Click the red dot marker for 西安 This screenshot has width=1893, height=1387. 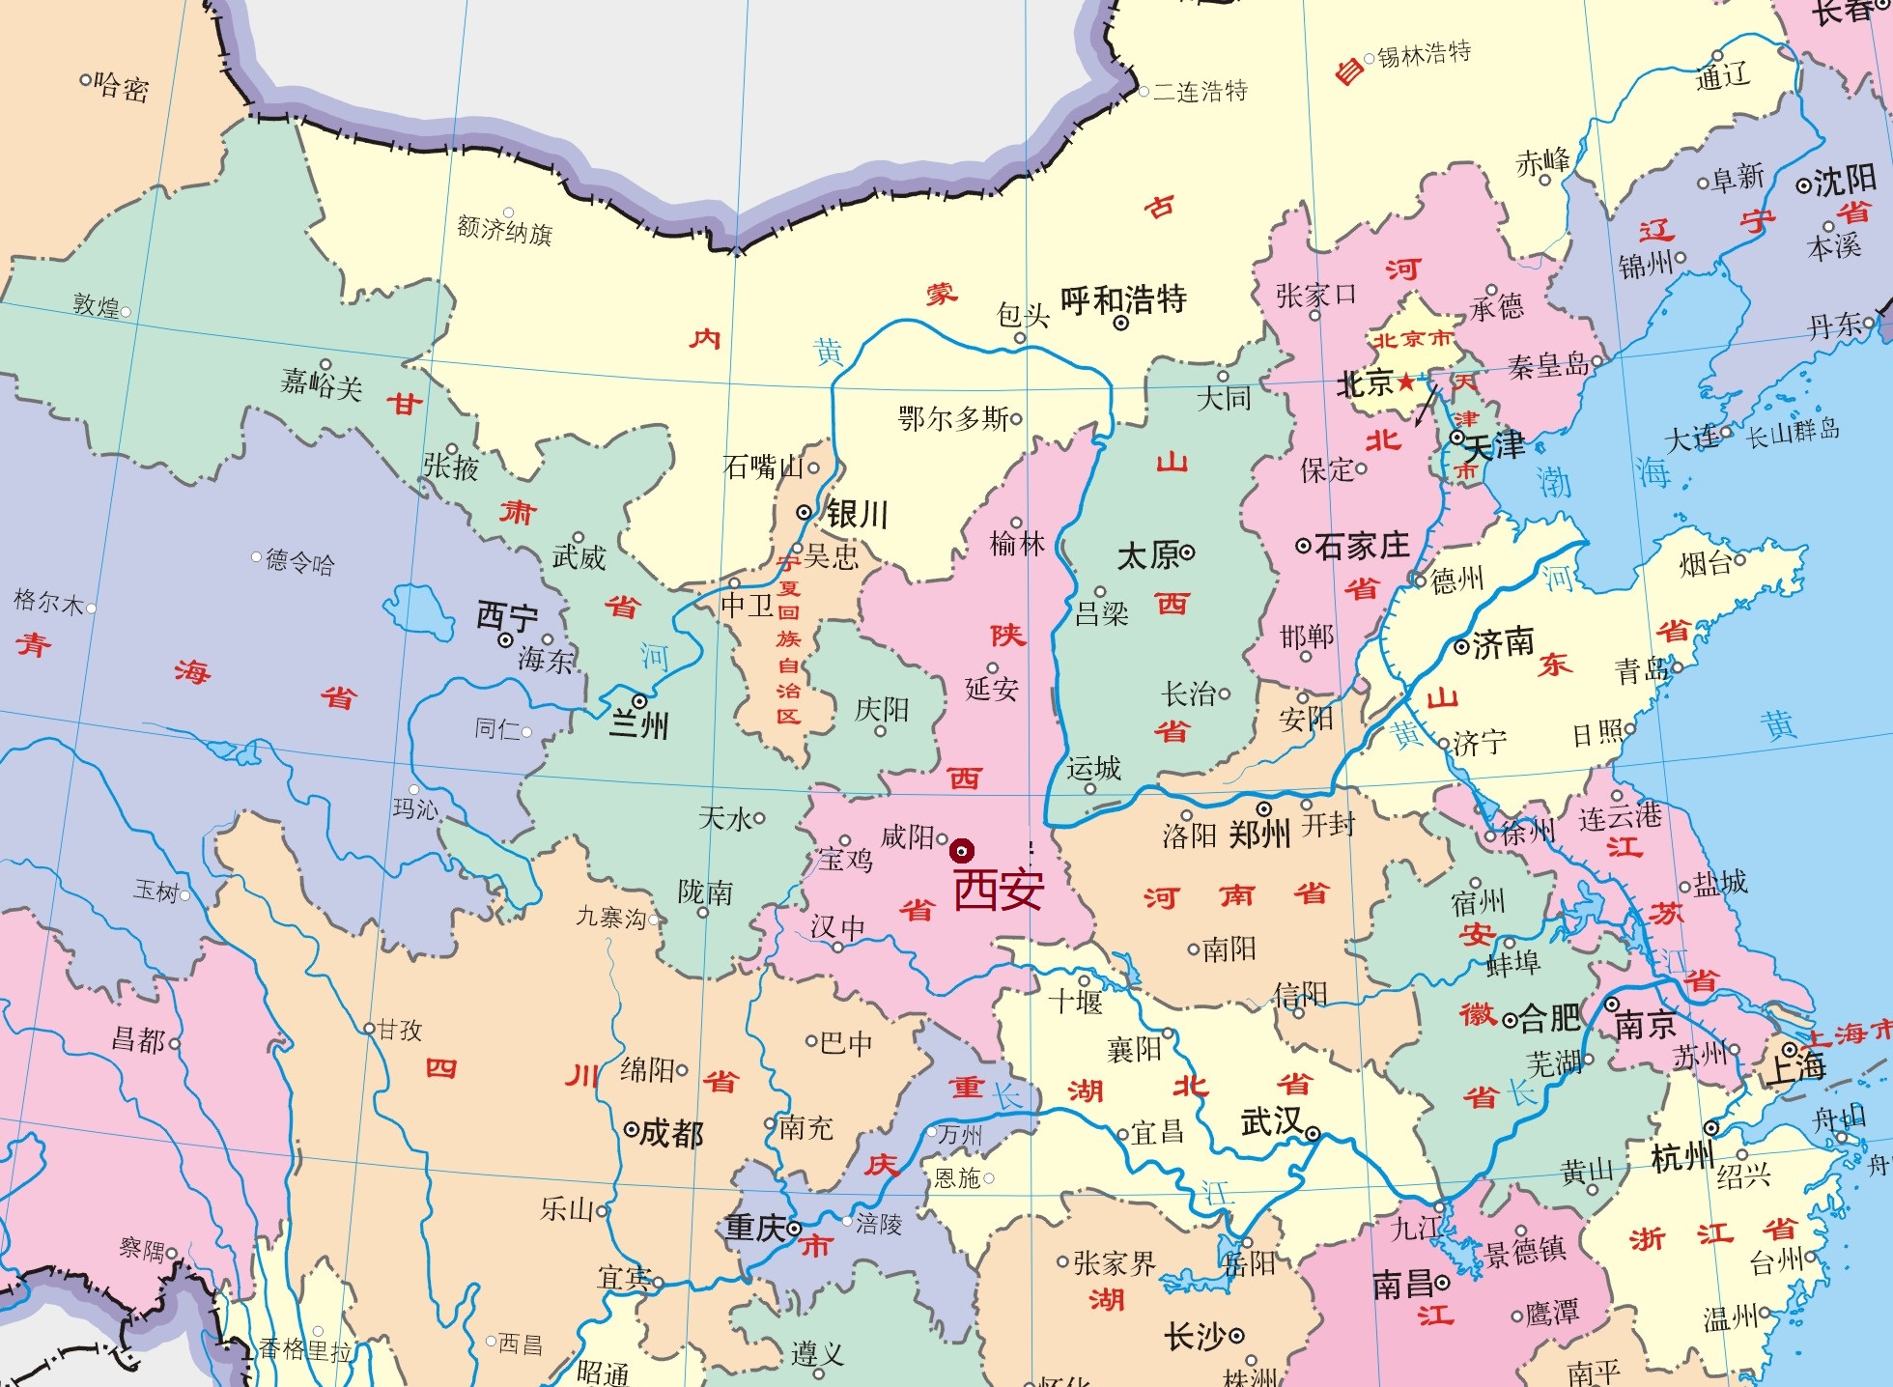(961, 851)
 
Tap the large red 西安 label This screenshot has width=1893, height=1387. (999, 890)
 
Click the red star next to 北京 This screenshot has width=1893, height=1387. (1406, 382)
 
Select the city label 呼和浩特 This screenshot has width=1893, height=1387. (1123, 300)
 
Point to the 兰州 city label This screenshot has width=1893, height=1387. (639, 724)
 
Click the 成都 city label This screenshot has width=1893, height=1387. (671, 1132)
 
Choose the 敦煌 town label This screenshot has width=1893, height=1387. (97, 306)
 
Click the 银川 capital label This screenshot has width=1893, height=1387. (856, 514)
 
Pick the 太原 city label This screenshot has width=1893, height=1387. (1148, 555)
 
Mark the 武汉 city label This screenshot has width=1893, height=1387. (1271, 1122)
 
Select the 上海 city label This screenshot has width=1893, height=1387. (1795, 1067)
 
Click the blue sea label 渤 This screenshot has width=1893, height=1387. (1554, 482)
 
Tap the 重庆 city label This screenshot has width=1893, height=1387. (755, 1228)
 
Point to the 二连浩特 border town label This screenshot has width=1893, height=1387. (1201, 92)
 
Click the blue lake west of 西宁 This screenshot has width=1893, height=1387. (418, 610)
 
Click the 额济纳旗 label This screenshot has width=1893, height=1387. (504, 232)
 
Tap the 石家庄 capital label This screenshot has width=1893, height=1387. (1361, 547)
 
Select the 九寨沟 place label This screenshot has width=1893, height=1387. (610, 918)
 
